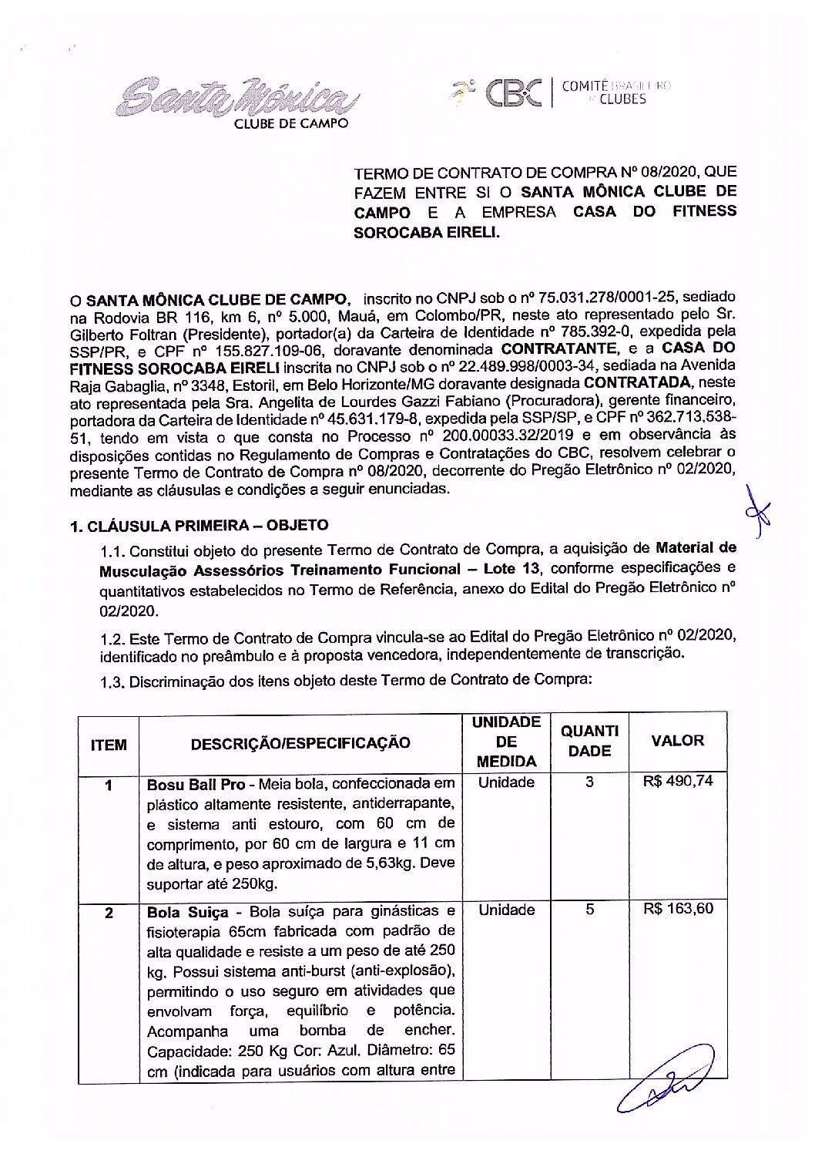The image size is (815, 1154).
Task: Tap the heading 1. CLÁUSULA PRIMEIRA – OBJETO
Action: (199, 525)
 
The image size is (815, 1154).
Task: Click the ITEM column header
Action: (109, 744)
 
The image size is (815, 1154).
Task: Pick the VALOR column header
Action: (678, 740)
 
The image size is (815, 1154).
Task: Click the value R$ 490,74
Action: (678, 781)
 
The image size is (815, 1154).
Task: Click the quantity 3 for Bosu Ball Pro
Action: (590, 782)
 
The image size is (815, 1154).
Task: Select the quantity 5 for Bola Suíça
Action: (590, 909)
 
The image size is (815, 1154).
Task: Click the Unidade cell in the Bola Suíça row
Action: (506, 910)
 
